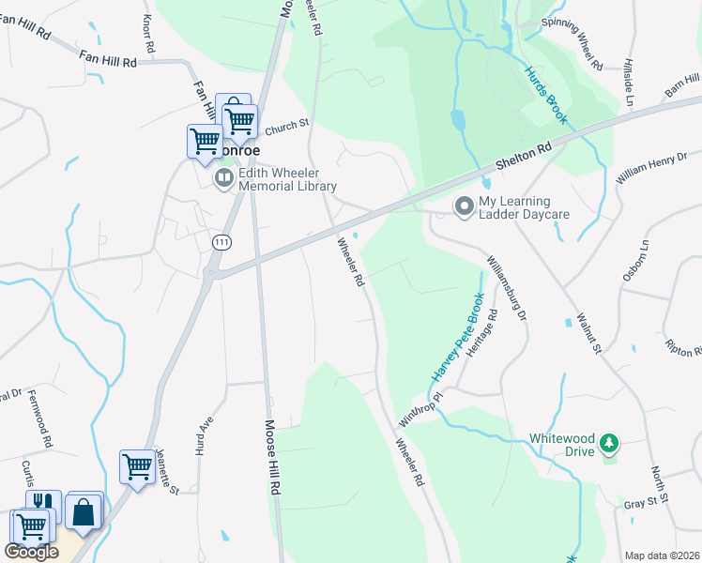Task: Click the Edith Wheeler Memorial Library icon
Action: tap(224, 177)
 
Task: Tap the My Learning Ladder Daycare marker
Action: tap(464, 205)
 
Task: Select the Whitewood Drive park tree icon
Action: tap(610, 442)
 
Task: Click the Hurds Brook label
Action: tap(546, 95)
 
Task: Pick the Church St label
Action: tap(286, 126)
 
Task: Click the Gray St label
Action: tap(642, 503)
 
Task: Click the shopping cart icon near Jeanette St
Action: tap(137, 465)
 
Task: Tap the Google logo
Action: tap(32, 552)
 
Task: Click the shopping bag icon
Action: tap(84, 511)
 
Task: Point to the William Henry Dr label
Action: tap(651, 165)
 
